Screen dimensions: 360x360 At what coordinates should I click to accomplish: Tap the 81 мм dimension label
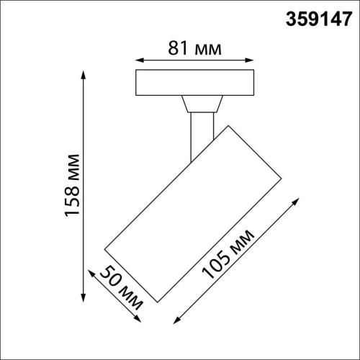[195, 49]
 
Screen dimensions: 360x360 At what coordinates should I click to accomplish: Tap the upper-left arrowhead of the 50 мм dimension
[89, 272]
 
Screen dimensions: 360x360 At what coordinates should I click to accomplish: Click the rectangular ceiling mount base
[196, 84]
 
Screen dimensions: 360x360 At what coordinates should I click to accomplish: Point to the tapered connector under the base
[200, 105]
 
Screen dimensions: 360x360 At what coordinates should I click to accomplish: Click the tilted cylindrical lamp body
[192, 213]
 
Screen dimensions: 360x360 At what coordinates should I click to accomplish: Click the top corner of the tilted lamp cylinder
[230, 125]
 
